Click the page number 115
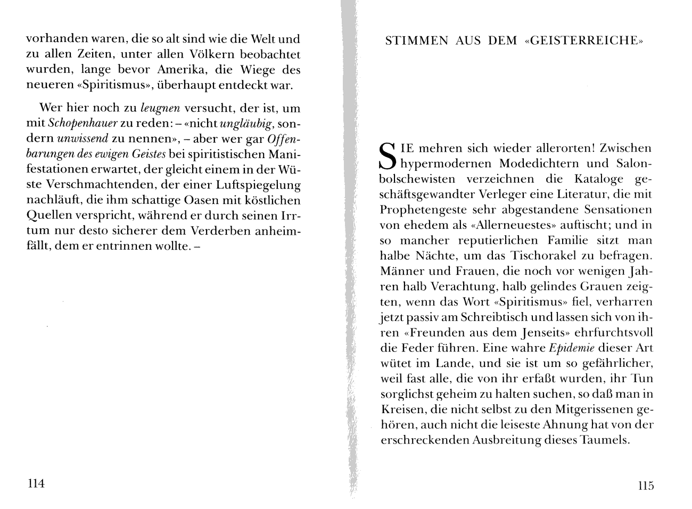pyautogui.click(x=645, y=486)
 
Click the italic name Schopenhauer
pyautogui.click(x=82, y=124)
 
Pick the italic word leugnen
pyautogui.click(x=161, y=108)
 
